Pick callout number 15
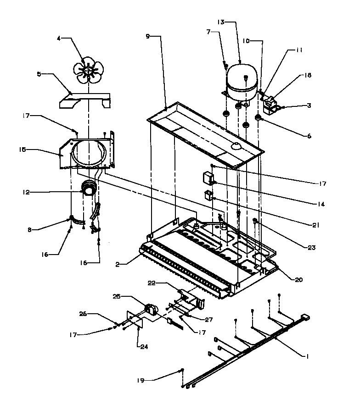pyautogui.click(x=22, y=149)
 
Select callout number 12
pyautogui.click(x=26, y=192)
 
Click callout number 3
pyautogui.click(x=309, y=105)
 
